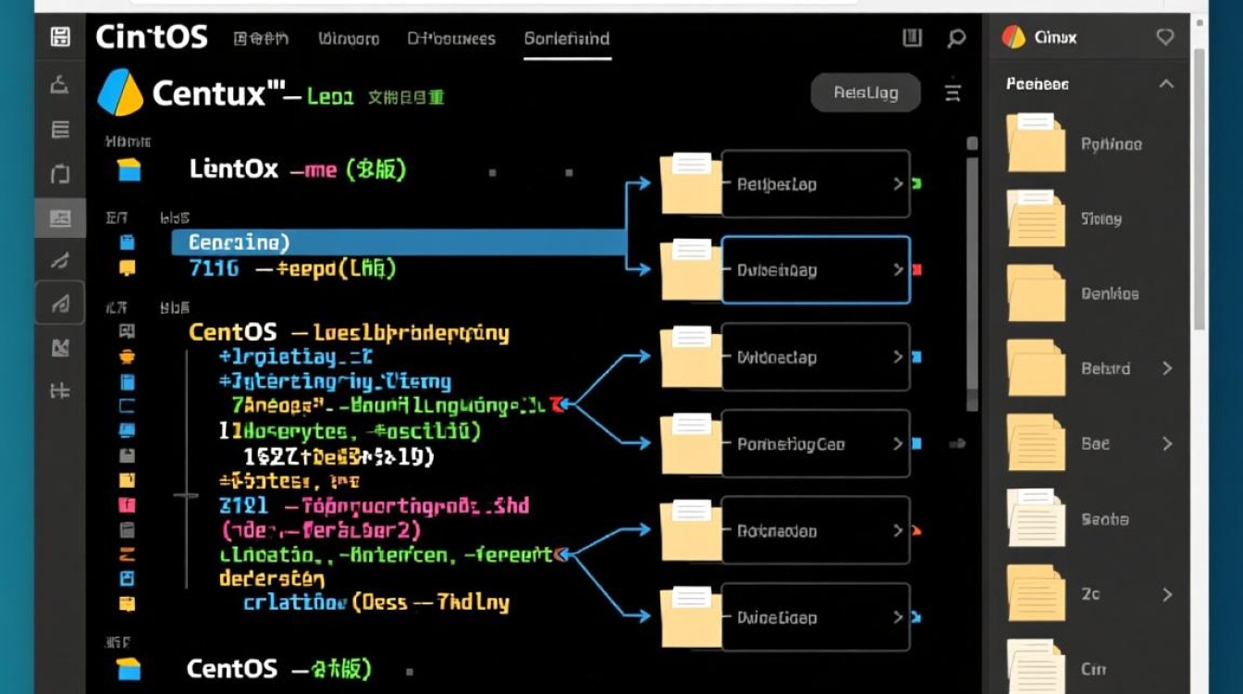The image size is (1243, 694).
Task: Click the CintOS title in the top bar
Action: [x=152, y=37]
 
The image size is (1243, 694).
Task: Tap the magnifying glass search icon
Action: [x=956, y=38]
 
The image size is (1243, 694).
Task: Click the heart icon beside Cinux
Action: [x=1165, y=37]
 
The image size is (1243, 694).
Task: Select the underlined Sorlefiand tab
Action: [x=567, y=39]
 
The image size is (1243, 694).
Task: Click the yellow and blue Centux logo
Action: [x=120, y=93]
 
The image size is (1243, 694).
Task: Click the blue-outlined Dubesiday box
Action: [x=815, y=270]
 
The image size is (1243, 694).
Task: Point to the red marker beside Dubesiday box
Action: [x=917, y=270]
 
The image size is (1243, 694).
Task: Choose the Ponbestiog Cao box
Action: [x=815, y=444]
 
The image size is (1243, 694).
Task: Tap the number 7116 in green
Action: [x=214, y=268]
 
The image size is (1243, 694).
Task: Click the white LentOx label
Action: [x=233, y=169]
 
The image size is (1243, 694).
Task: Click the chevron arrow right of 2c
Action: [x=1167, y=594]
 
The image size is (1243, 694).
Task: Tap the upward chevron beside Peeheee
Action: [x=1166, y=84]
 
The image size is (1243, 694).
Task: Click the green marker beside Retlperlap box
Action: [x=917, y=184]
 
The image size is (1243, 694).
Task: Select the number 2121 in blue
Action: [x=243, y=506]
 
